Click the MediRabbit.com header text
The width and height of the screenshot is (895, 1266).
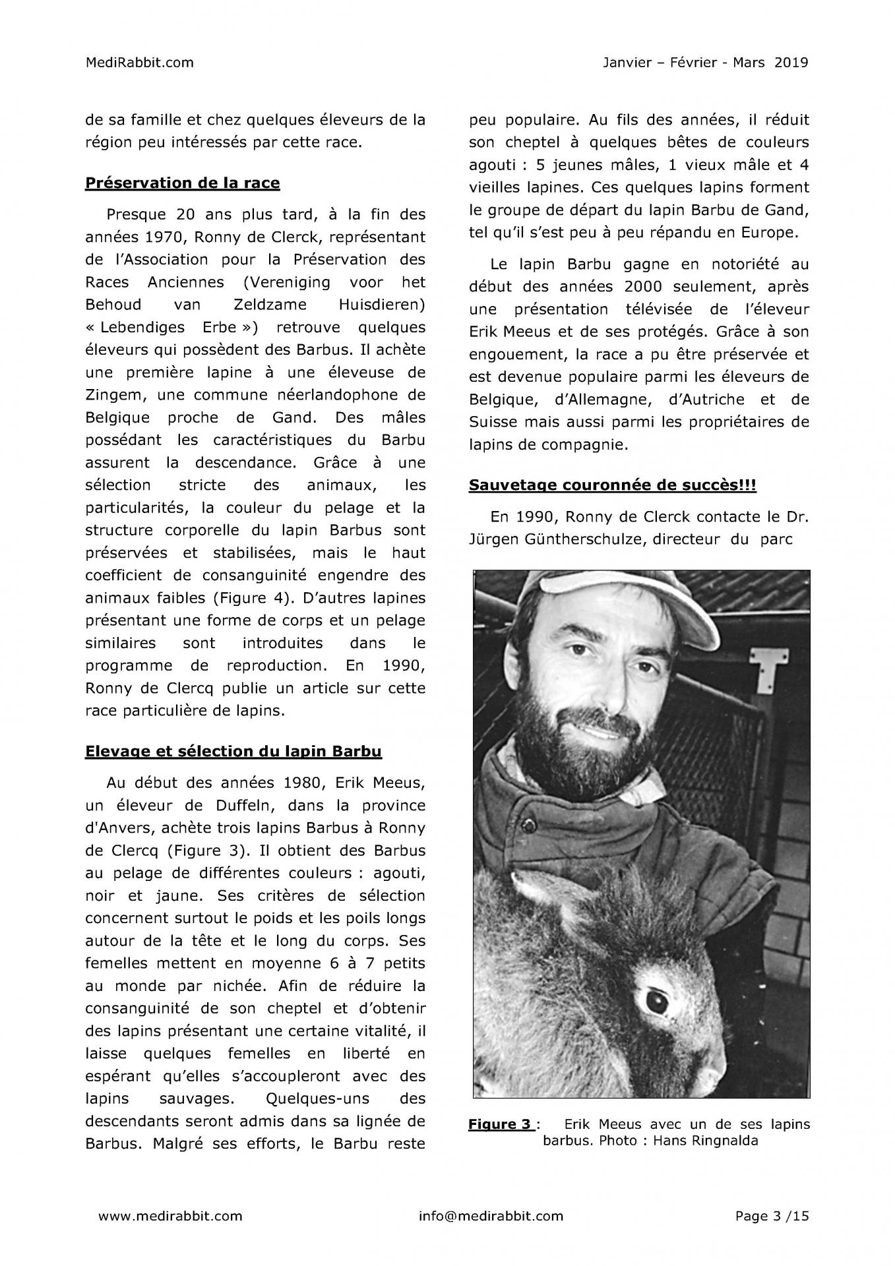click(x=140, y=63)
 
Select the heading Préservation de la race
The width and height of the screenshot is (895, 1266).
click(x=182, y=183)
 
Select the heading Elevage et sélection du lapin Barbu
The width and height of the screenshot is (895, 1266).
click(x=233, y=751)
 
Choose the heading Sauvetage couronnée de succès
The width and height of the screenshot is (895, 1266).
click(x=612, y=485)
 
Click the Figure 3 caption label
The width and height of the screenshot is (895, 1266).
click(x=500, y=1124)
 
